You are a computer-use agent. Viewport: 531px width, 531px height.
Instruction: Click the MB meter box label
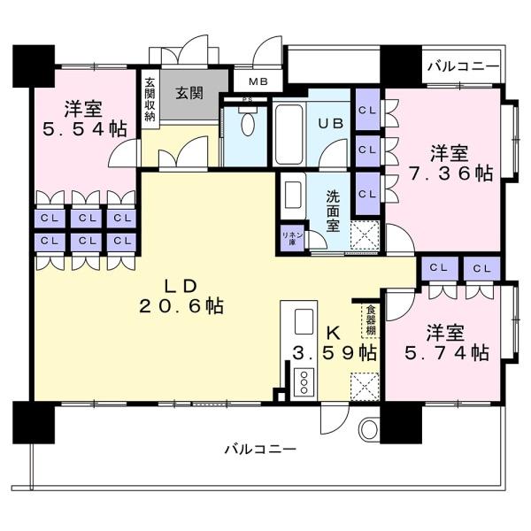[x=258, y=81]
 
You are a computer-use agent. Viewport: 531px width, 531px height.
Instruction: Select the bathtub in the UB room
[x=289, y=135]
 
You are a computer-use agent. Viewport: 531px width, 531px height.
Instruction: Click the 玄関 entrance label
[x=189, y=93]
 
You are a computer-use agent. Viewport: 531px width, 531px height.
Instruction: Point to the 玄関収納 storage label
[x=150, y=99]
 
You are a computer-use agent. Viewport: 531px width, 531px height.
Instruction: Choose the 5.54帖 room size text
[x=84, y=129]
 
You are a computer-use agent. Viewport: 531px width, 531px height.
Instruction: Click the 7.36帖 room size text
[x=450, y=173]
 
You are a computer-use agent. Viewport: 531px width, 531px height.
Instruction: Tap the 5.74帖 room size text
[x=447, y=353]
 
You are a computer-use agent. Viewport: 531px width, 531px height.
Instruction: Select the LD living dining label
[x=181, y=287]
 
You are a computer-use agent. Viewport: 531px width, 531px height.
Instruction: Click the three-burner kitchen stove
[x=304, y=382]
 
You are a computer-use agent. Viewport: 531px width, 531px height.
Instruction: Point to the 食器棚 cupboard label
[x=371, y=320]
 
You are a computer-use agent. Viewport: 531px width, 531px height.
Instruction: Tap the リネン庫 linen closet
[x=293, y=238]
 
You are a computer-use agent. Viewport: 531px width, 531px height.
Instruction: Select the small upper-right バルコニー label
[x=463, y=66]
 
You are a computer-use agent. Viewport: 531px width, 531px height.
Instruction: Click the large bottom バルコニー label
[x=260, y=450]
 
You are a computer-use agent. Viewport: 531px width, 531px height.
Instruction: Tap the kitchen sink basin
[x=304, y=322]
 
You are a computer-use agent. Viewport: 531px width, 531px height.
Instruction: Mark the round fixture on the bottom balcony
[x=368, y=428]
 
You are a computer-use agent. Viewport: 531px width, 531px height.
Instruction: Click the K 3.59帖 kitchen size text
[x=335, y=343]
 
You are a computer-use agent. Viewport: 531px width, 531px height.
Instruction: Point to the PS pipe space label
[x=245, y=99]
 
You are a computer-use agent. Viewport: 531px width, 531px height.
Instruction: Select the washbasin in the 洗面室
[x=293, y=195]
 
